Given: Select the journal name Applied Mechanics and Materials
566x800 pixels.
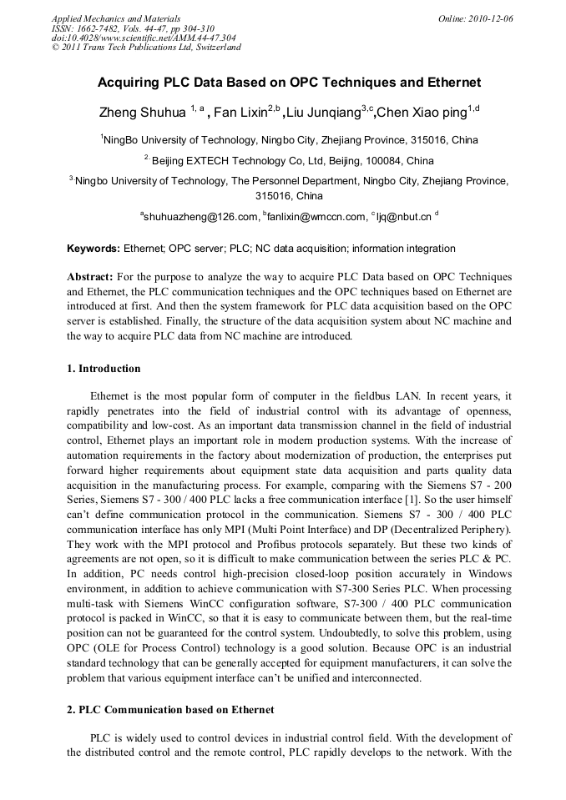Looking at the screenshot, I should [x=116, y=18].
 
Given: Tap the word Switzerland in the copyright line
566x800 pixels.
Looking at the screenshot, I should [x=216, y=47].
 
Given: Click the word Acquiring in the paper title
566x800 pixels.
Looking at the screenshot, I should [x=127, y=83].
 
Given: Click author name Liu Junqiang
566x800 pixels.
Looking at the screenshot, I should [x=319, y=111].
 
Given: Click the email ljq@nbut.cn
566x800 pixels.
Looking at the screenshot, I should [x=404, y=218].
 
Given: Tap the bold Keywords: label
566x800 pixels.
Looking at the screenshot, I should [x=93, y=249].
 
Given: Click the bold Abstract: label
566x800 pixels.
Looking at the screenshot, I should [x=90, y=276].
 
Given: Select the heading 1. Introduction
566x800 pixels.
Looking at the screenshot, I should [x=104, y=369].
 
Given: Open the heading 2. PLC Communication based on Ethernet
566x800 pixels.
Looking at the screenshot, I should [x=170, y=710].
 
